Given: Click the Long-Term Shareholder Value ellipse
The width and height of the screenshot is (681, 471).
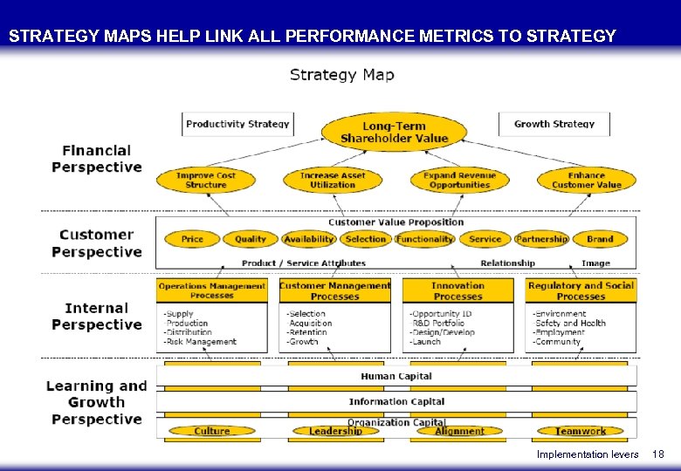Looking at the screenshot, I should click(394, 132).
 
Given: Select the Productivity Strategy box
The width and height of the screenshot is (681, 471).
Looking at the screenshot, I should click(237, 124).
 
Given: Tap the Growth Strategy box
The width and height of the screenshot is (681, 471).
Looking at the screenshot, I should click(554, 124).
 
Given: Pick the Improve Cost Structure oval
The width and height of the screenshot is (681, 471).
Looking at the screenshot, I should click(206, 180).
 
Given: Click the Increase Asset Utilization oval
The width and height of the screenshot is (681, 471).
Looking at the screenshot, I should click(333, 180).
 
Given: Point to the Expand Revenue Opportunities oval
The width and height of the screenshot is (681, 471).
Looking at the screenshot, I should click(459, 180).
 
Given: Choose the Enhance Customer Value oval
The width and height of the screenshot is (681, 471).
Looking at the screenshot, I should click(586, 180).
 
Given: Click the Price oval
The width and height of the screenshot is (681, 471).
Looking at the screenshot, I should click(192, 239).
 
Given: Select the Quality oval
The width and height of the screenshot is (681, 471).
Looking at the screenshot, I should click(251, 239).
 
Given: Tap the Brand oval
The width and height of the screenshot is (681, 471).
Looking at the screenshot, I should click(600, 239).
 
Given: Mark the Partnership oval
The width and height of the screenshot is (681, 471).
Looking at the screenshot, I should click(541, 239).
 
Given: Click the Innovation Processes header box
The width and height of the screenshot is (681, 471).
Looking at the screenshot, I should click(457, 290).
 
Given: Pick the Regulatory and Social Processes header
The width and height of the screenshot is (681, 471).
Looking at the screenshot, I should click(581, 290).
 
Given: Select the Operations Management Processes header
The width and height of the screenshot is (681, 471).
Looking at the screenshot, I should click(212, 290).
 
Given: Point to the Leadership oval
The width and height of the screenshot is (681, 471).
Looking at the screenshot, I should click(335, 431).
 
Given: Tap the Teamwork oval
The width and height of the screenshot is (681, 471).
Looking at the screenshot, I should click(581, 431).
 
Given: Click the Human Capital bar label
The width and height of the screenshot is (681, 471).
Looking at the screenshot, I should click(396, 376).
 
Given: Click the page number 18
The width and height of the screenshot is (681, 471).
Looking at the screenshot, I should click(658, 454).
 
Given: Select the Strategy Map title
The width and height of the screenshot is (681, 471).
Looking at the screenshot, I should click(341, 75).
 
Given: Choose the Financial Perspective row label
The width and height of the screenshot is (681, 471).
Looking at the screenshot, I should click(96, 159).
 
